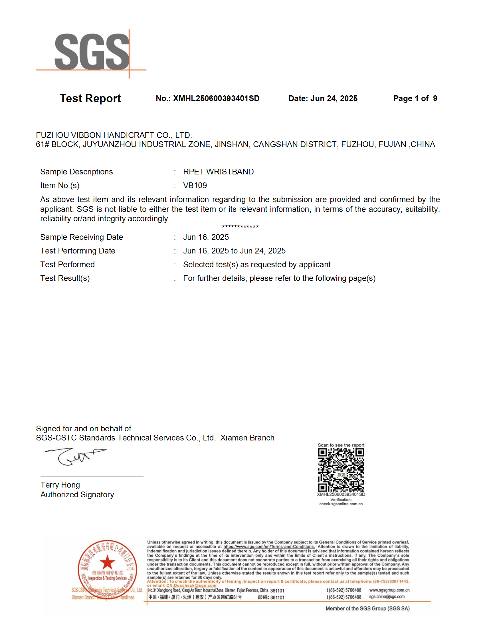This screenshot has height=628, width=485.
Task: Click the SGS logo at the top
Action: (91, 52)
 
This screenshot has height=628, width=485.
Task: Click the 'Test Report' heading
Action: (90, 98)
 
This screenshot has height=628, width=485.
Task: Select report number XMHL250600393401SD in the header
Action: (216, 98)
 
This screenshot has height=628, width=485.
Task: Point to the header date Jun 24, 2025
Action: (334, 98)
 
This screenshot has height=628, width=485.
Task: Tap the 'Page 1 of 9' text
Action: (415, 98)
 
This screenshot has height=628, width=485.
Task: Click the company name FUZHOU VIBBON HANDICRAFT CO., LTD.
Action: (114, 135)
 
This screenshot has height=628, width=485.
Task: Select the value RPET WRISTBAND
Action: (218, 172)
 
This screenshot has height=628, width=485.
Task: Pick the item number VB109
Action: (195, 186)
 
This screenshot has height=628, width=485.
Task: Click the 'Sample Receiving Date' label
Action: (82, 237)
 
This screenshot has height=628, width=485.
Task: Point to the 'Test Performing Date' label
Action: (78, 251)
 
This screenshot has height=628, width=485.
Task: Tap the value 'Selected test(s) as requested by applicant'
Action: (256, 265)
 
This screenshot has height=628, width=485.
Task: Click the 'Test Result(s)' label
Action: (65, 278)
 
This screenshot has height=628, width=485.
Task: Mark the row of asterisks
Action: (240, 227)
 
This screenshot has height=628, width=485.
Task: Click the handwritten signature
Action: (75, 456)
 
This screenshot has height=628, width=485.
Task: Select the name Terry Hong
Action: (60, 485)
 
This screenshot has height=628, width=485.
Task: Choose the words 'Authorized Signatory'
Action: (77, 495)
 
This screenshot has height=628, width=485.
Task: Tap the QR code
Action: (341, 470)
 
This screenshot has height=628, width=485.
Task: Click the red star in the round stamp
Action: (107, 562)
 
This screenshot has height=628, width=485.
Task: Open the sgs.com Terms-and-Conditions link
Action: (269, 547)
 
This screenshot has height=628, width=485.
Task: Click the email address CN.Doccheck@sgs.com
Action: (191, 585)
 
